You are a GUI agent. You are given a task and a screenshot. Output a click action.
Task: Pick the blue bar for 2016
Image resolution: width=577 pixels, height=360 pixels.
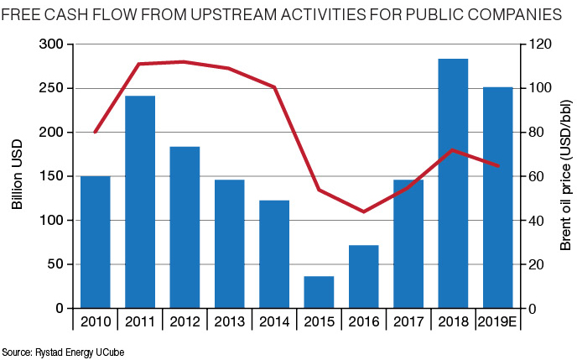pos(363,277)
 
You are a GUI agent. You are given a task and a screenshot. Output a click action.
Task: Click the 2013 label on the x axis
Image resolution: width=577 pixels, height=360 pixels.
pos(229,321)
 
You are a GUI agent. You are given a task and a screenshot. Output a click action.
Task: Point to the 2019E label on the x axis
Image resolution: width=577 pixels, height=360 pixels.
pos(497,321)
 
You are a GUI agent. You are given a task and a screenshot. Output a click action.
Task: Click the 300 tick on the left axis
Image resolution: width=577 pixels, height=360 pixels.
pos(53,44)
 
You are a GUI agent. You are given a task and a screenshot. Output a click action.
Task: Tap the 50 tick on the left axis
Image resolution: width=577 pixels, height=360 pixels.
pos(56,264)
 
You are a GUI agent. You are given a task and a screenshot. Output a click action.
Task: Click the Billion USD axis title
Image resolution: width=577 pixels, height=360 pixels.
pos(18,176)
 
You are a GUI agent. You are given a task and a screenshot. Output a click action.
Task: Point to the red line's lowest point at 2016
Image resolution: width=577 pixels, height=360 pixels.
pos(363,211)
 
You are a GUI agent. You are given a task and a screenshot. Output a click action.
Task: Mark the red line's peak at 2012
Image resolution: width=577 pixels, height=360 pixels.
pos(184,61)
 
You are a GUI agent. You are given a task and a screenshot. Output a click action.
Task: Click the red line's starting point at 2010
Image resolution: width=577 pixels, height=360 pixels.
pos(95,133)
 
